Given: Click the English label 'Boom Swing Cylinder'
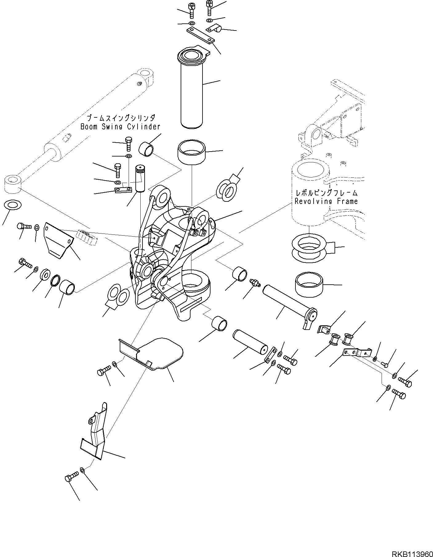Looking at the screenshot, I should (120, 127).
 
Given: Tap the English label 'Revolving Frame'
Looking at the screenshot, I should (326, 201).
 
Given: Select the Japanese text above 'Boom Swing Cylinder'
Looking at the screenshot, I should (121, 118).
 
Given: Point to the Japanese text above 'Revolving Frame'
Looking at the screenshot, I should (327, 193).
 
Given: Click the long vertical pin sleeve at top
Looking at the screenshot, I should (191, 89).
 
